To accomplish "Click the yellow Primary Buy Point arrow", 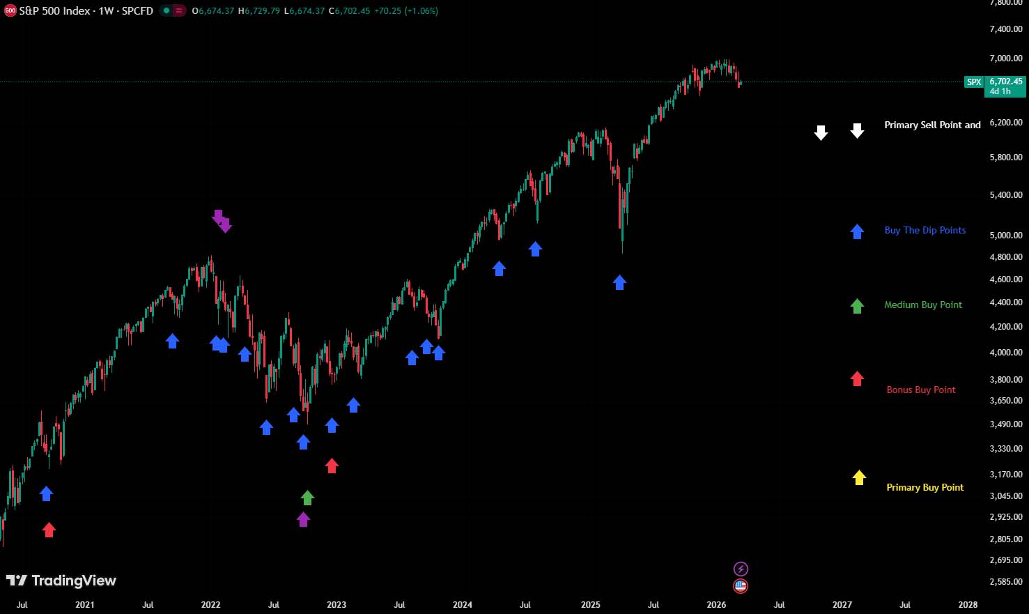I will click(x=859, y=477).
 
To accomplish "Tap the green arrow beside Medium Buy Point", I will click(x=857, y=306).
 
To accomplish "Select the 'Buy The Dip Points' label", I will click(x=924, y=231).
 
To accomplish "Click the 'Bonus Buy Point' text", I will click(x=920, y=390).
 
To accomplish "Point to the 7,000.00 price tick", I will click(x=1005, y=59).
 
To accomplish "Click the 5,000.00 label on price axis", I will click(x=1005, y=236).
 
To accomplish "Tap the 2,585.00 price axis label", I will click(x=1005, y=582).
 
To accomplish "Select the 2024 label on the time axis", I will click(x=463, y=605).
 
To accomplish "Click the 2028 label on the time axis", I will click(x=967, y=605).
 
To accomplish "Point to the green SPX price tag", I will click(x=973, y=82).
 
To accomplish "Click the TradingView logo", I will click(x=61, y=581).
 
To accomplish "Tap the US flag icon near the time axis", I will click(x=741, y=586).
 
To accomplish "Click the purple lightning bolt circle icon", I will click(x=741, y=569).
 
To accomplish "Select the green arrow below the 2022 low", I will click(x=307, y=498).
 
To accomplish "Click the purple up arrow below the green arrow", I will click(x=303, y=519).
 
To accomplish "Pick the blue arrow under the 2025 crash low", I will click(x=619, y=282).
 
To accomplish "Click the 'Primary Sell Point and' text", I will click(x=932, y=125).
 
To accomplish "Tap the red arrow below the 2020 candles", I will click(x=49, y=530).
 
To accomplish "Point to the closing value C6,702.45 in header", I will click(x=349, y=11).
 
